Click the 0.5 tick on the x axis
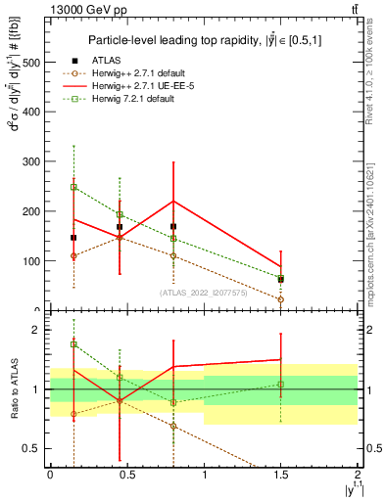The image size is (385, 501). pos(127,469)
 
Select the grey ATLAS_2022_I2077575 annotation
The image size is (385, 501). pos(202,292)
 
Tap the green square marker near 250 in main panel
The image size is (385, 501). pos(73,186)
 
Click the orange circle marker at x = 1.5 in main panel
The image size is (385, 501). pos(281,300)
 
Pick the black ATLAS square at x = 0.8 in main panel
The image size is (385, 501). pos(173,226)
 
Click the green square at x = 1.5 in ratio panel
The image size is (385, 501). pos(281,385)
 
